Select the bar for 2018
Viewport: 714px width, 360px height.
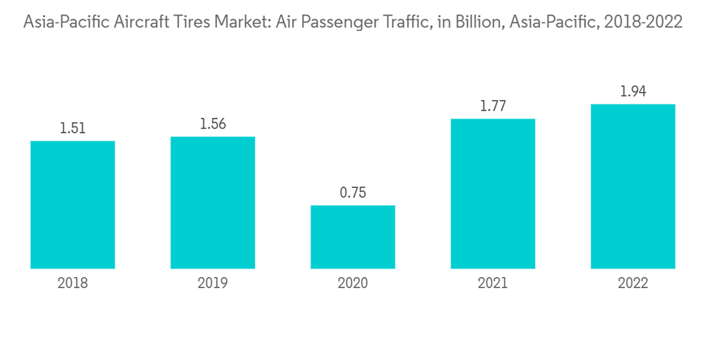(73, 204)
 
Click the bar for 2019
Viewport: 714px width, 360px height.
(213, 202)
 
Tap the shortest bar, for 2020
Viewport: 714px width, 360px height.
(353, 236)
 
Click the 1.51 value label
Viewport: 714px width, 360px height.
(73, 129)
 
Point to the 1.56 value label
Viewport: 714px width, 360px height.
(213, 124)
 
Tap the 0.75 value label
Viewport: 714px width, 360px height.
(353, 194)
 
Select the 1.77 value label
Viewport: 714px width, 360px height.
(493, 106)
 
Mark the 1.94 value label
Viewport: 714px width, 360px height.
(633, 92)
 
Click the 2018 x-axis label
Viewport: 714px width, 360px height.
(73, 284)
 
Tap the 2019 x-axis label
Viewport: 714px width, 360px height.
(213, 284)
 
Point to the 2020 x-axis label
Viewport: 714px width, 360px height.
(353, 284)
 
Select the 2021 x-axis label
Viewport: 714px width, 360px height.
(493, 284)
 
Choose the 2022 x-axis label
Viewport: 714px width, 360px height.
(633, 284)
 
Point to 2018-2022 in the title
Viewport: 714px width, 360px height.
(643, 23)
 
